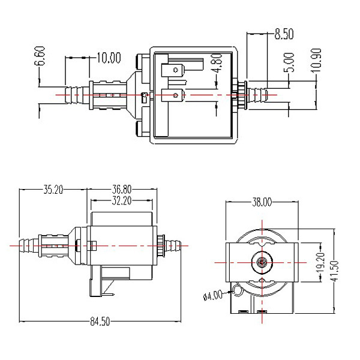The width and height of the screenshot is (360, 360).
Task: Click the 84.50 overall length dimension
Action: tap(100, 321)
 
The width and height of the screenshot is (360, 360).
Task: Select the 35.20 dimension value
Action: tap(53, 190)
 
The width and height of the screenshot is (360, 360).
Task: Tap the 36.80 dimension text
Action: tap(122, 190)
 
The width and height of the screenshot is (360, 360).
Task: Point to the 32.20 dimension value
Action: tap(122, 200)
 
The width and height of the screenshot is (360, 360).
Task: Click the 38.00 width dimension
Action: tap(262, 202)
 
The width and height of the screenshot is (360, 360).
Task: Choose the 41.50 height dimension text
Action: tap(334, 271)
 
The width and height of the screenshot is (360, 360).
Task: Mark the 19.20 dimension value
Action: tap(321, 262)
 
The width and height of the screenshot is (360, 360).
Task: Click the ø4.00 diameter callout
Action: tap(213, 295)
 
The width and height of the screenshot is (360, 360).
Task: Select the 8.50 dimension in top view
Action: tap(284, 34)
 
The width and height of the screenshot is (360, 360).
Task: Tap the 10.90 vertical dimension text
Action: tap(316, 60)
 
